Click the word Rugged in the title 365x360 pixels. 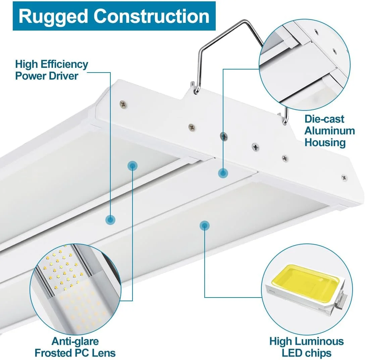coord(53,16)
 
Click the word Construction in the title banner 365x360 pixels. coord(151,16)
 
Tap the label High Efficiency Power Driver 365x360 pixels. coord(51,70)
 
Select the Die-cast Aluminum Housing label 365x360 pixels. coord(329,131)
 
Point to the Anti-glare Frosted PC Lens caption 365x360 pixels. coord(75,347)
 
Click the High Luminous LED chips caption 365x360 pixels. coord(306,347)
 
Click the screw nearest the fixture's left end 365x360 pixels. coord(123,104)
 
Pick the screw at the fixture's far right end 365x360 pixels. coord(344,178)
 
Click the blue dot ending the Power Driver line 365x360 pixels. coord(110,220)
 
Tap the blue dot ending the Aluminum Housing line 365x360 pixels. coord(223,173)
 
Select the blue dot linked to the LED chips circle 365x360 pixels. coord(205,226)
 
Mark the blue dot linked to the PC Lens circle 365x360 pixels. coord(133,166)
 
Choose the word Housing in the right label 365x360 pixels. coord(325,142)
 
